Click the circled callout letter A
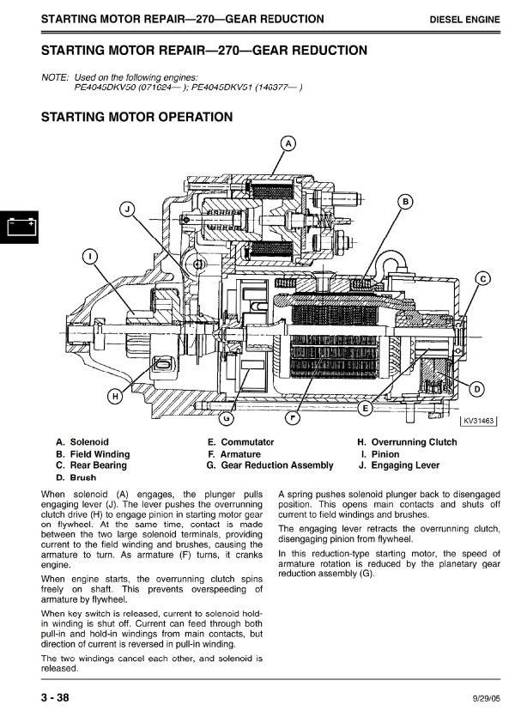pyautogui.click(x=288, y=143)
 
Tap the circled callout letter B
pyautogui.click(x=405, y=202)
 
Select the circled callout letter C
pyautogui.click(x=482, y=278)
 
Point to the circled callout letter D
pyautogui.click(x=478, y=390)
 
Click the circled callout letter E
pyautogui.click(x=365, y=408)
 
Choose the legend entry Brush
pyautogui.click(x=82, y=477)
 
